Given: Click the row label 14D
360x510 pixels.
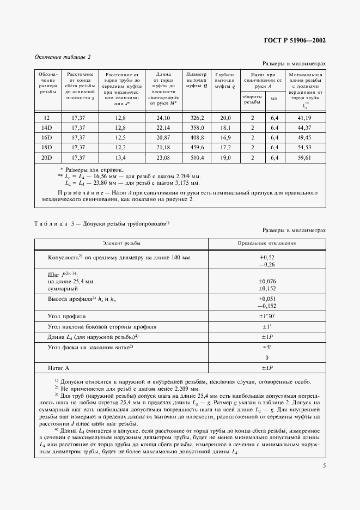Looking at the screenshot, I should pos(46,127).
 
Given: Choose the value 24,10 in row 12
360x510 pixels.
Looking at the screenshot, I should pos(163,118).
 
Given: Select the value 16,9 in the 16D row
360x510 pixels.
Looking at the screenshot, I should pos(225,137).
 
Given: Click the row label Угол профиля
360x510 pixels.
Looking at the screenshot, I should pos(67,315).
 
